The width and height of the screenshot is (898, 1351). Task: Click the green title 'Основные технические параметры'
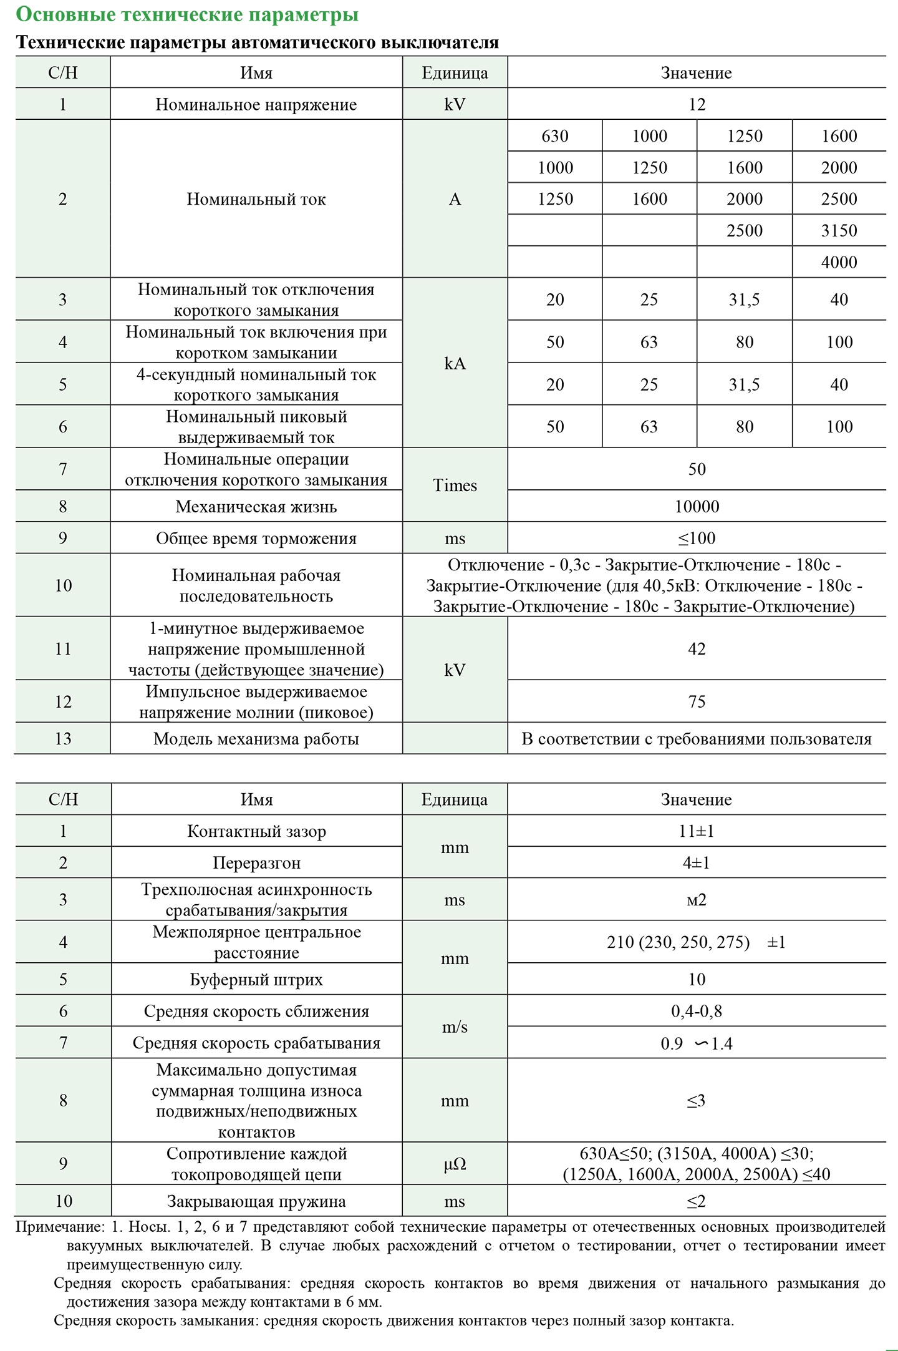pyautogui.click(x=187, y=14)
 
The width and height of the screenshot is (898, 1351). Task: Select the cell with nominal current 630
pyautogui.click(x=554, y=136)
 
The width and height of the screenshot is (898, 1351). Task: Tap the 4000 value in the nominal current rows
pyautogui.click(x=839, y=262)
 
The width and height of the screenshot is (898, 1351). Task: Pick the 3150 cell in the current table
pyautogui.click(x=839, y=231)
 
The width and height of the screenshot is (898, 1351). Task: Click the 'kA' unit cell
pyautogui.click(x=455, y=363)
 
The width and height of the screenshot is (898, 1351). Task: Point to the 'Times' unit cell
pyautogui.click(x=455, y=485)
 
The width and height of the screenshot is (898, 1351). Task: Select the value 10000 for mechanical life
pyautogui.click(x=697, y=507)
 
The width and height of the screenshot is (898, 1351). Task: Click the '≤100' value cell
pyautogui.click(x=697, y=538)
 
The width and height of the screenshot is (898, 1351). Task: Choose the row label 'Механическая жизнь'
pyautogui.click(x=256, y=507)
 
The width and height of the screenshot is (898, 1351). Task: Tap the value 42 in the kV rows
pyautogui.click(x=697, y=649)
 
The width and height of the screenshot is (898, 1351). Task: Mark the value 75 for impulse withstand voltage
pyautogui.click(x=697, y=701)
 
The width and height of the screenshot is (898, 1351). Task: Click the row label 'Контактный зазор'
pyautogui.click(x=256, y=831)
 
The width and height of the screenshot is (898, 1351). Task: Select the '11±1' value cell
pyautogui.click(x=697, y=831)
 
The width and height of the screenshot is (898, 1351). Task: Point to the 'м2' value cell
pyautogui.click(x=697, y=900)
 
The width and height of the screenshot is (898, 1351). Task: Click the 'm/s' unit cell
pyautogui.click(x=455, y=1027)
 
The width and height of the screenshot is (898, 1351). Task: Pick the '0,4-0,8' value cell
pyautogui.click(x=697, y=1011)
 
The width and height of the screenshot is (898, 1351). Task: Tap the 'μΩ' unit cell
pyautogui.click(x=455, y=1164)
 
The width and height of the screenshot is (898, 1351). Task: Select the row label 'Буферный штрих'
pyautogui.click(x=256, y=980)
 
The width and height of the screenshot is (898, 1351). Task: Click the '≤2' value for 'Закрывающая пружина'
pyautogui.click(x=697, y=1201)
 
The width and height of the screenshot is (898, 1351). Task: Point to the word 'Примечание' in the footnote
pyautogui.click(x=60, y=1227)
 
